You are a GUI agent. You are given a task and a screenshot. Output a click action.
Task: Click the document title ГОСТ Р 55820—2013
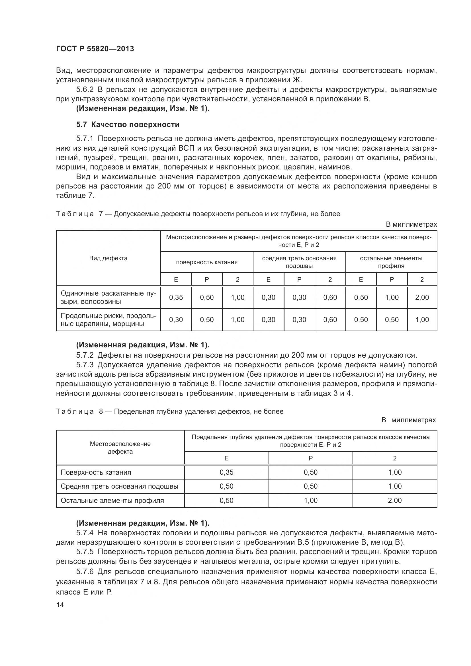tap(95, 49)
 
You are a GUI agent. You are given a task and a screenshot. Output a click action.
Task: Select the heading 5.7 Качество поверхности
tap(128, 125)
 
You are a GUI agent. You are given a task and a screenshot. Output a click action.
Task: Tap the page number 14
tap(60, 604)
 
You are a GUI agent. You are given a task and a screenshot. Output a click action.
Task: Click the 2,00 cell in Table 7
tap(422, 297)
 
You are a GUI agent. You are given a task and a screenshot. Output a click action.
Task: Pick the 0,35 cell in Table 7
tap(176, 297)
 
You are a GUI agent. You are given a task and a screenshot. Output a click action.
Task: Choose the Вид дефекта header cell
tap(108, 258)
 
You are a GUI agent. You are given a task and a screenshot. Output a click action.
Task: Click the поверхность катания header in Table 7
tap(206, 262)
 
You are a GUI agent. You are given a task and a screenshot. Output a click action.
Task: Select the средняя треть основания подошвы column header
tap(299, 262)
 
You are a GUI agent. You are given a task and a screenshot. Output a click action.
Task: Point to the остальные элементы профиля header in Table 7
tap(391, 262)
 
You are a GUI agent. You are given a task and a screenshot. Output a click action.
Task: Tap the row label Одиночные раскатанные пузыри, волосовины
tap(108, 297)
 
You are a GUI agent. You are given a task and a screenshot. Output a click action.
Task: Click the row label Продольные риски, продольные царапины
tap(108, 320)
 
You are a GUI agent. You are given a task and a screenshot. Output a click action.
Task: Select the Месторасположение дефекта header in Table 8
tap(120, 448)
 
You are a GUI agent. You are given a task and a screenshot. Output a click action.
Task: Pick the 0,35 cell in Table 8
tap(226, 472)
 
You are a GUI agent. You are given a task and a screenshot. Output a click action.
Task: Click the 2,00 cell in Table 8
tap(394, 500)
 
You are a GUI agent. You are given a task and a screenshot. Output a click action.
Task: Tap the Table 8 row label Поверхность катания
tap(96, 472)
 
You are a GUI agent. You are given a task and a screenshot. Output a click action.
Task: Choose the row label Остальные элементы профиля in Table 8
tap(112, 500)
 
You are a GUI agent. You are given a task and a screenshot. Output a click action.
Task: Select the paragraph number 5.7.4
tap(85, 533)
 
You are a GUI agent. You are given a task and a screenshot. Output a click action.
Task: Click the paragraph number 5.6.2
tap(85, 90)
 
